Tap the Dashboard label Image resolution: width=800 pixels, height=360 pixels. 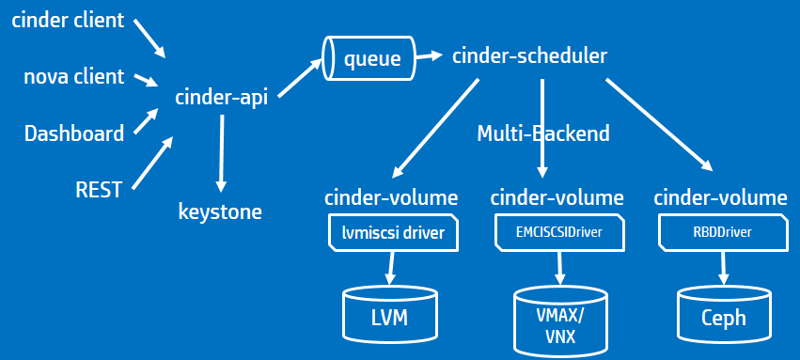click(x=74, y=133)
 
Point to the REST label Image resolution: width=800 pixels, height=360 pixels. click(x=99, y=190)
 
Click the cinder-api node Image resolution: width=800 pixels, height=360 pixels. click(x=221, y=97)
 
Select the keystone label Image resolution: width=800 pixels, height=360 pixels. click(x=220, y=211)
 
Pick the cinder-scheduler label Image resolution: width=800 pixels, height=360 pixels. click(x=529, y=56)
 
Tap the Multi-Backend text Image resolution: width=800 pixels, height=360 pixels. click(x=542, y=133)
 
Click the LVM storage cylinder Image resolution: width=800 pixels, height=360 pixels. click(x=389, y=314)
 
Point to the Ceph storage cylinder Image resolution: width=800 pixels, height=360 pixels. click(x=723, y=315)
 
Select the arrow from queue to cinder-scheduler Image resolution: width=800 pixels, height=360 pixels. click(x=431, y=57)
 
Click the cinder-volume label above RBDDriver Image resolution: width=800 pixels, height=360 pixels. click(x=720, y=197)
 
